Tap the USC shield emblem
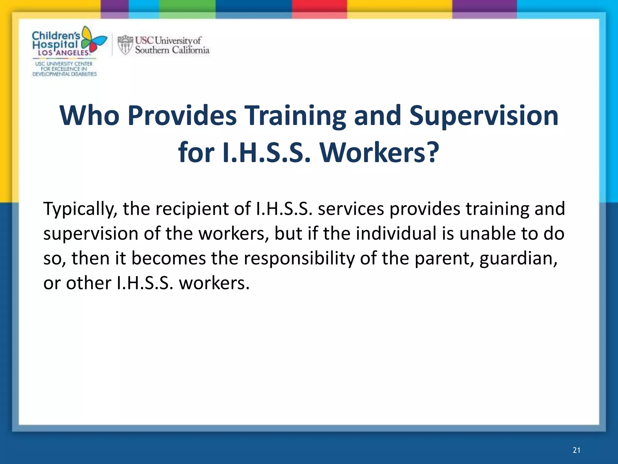coord(125,45)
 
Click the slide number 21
coord(576,450)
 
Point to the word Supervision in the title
coord(483,116)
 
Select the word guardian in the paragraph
coord(518,259)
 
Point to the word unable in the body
coord(486,234)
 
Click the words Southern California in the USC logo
coord(172,50)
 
